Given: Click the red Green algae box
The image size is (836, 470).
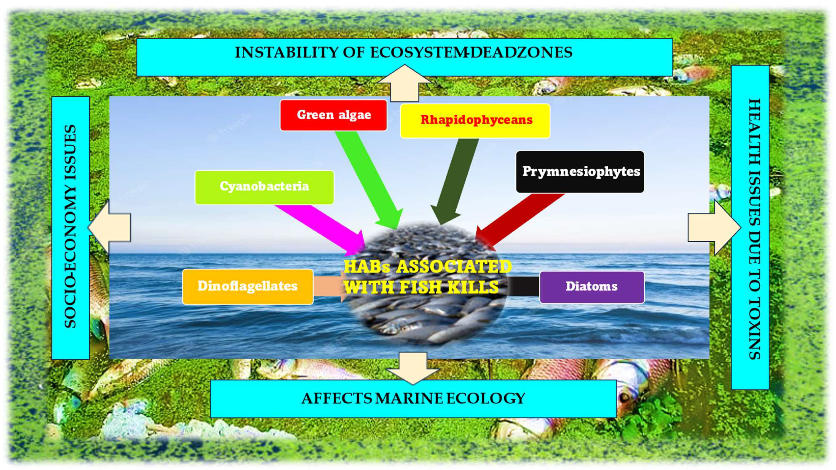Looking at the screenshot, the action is pyautogui.click(x=333, y=115).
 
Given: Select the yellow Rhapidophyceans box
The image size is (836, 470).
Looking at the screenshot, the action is pyautogui.click(x=475, y=121).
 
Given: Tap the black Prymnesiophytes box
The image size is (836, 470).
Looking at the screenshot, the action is pyautogui.click(x=580, y=171).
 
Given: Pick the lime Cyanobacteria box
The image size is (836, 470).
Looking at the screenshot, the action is pyautogui.click(x=264, y=187).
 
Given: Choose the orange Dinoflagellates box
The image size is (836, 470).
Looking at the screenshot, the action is pyautogui.click(x=248, y=287).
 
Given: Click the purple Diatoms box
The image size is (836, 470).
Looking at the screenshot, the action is pyautogui.click(x=592, y=287).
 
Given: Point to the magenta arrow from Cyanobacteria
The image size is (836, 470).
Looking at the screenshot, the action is pyautogui.click(x=321, y=228).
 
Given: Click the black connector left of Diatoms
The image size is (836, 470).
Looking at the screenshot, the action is pyautogui.click(x=522, y=286).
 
